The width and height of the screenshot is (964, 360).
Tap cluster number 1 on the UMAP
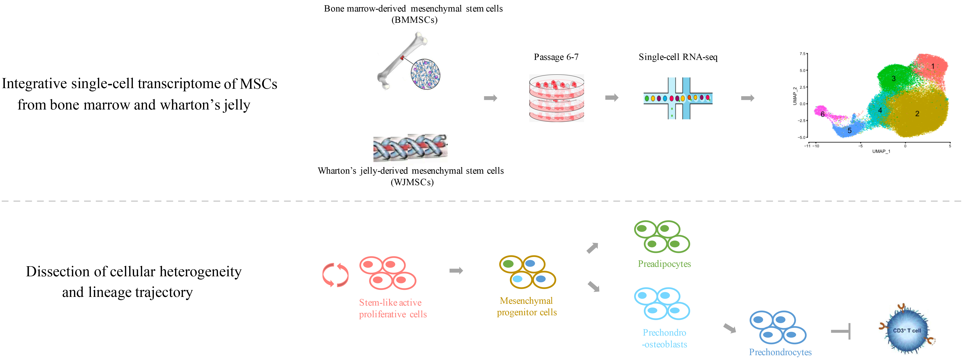point(933,66)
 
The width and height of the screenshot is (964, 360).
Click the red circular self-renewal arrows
point(335,275)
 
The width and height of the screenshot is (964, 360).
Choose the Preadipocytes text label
point(664,264)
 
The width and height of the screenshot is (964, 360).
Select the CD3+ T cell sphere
point(907,330)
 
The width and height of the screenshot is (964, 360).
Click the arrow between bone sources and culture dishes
point(490,98)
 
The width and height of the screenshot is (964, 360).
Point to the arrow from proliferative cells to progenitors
point(456,271)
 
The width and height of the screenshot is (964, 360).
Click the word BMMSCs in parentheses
point(414,20)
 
